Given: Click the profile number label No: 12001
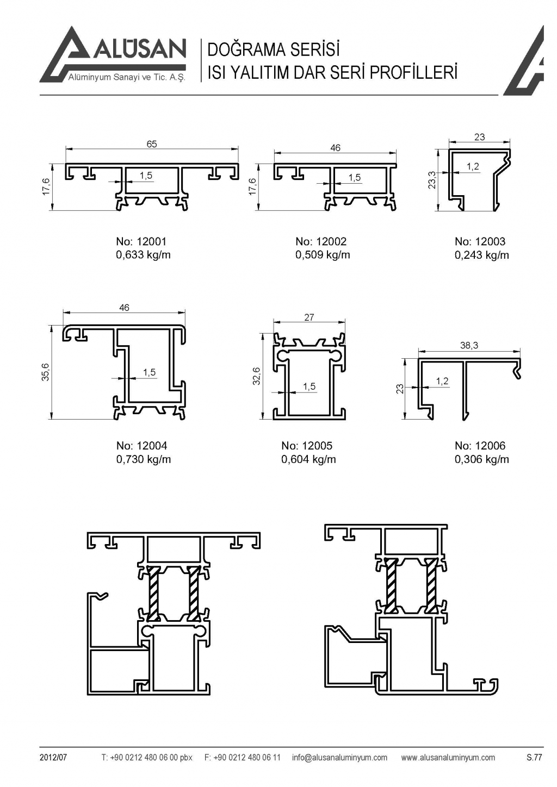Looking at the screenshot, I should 141,241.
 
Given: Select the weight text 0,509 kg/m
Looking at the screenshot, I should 323,255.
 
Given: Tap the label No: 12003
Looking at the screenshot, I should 480,241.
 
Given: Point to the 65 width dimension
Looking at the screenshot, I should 152,144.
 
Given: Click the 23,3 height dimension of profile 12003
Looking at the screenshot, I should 432,180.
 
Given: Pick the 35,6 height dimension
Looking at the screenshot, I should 46,372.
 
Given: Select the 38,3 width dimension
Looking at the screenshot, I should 469,345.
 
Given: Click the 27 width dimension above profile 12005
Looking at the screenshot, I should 309,317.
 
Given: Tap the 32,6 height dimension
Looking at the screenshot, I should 257,376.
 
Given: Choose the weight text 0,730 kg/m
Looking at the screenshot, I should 144,459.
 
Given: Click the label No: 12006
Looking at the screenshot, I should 480,446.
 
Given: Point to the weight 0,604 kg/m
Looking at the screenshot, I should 308,459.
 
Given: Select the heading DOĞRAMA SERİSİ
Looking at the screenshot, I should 274,50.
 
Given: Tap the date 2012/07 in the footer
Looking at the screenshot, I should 53,757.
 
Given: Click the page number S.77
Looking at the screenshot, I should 534,757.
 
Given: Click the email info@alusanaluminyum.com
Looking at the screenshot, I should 339,757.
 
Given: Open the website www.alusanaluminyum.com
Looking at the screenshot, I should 448,757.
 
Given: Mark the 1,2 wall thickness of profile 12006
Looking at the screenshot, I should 442,381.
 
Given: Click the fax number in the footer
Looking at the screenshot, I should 243,757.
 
